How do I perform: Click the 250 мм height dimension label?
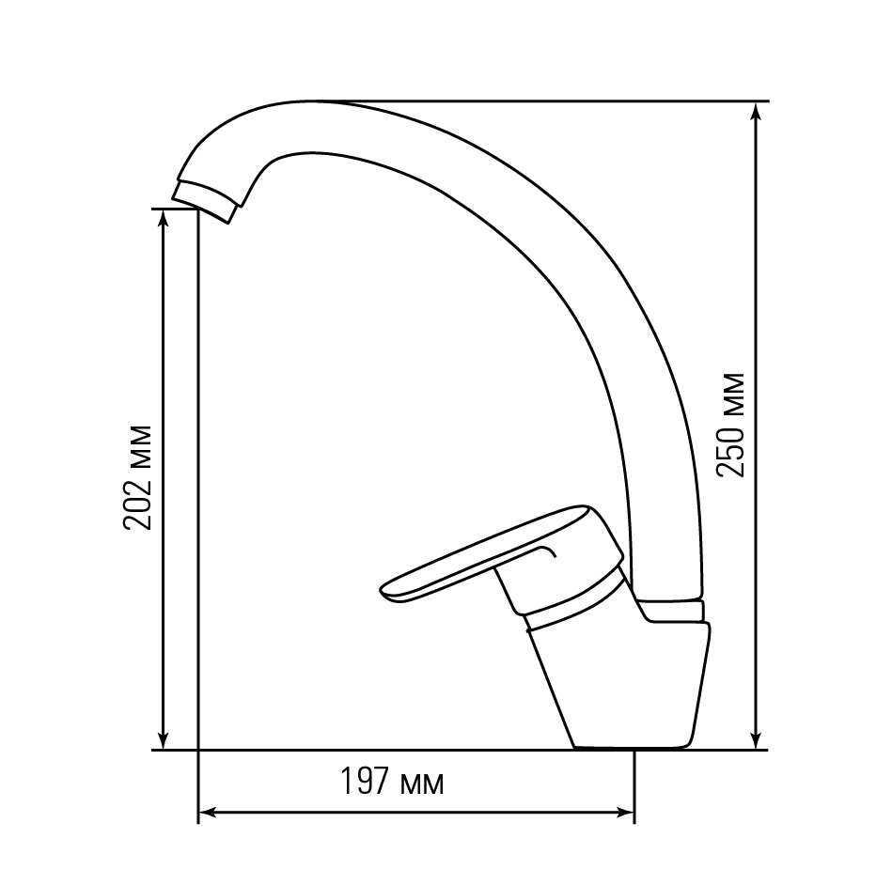tap(730, 425)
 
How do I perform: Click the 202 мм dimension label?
tap(137, 477)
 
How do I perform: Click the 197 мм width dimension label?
tap(392, 782)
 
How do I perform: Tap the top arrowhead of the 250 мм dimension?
tap(756, 112)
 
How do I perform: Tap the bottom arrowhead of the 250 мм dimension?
tap(756, 741)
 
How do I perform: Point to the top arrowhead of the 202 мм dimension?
tap(164, 219)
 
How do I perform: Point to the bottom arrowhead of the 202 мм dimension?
tap(164, 741)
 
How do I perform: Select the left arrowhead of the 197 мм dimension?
tap(207, 813)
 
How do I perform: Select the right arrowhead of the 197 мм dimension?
tap(625, 813)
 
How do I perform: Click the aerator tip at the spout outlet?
tap(204, 202)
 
